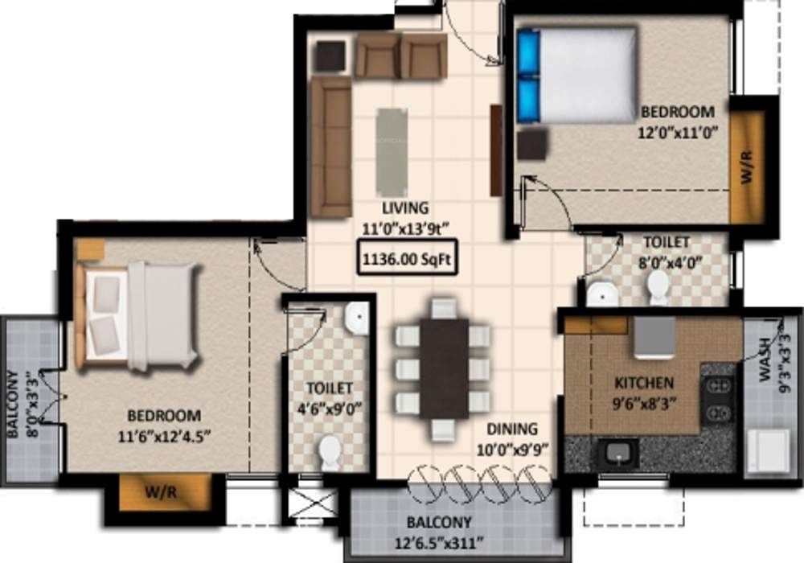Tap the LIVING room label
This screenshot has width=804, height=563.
tap(406, 208)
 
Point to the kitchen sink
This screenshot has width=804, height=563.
tap(617, 454)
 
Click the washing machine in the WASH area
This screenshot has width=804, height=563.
tap(767, 451)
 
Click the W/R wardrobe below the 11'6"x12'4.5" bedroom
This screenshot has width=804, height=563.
tap(166, 492)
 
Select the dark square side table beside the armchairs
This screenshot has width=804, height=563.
tap(330, 56)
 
